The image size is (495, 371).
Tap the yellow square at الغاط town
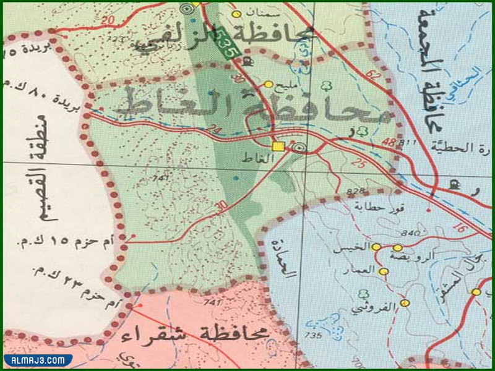click(x=278, y=147)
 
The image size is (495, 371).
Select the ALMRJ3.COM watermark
click(x=38, y=360)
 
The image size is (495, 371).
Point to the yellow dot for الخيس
click(x=376, y=247)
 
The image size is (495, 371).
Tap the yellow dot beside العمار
click(x=384, y=271)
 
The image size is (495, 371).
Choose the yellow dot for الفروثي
click(x=405, y=303)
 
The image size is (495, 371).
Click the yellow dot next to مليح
click(x=268, y=84)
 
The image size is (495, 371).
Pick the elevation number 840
click(x=410, y=233)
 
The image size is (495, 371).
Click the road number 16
click(x=458, y=228)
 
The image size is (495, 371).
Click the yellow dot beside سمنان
click(x=235, y=14)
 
